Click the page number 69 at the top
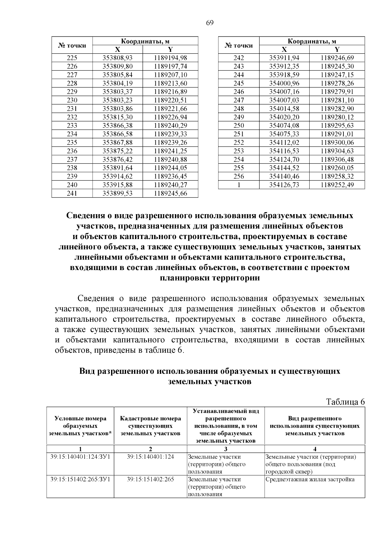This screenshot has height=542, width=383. [209, 23]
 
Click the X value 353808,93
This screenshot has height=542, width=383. [117, 58]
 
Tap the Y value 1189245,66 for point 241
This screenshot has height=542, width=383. [170, 193]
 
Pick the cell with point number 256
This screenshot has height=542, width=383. [239, 176]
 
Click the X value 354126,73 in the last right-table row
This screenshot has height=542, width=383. [284, 184]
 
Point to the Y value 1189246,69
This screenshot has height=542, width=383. [337, 58]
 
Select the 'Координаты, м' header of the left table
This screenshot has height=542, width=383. [145, 41]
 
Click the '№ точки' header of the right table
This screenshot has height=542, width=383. [239, 45]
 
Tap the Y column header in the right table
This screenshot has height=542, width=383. [337, 49]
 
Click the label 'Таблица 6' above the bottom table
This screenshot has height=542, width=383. [345, 402]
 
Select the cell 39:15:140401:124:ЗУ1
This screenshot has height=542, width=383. [80, 457]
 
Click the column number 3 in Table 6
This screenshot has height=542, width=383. [225, 449]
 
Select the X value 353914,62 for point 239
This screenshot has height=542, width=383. [117, 176]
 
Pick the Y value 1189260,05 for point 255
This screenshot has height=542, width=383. [337, 168]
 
